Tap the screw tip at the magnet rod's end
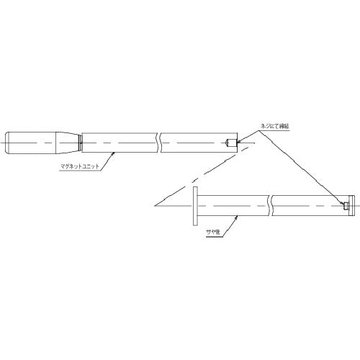pyautogui.click(x=230, y=141)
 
